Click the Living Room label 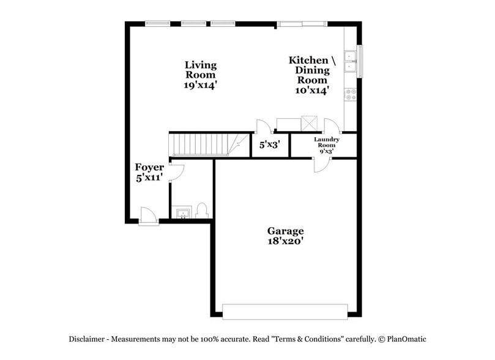(201, 75)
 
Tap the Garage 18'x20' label (285, 236)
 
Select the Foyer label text (149, 171)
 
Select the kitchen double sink (351, 62)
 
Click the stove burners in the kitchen (351, 94)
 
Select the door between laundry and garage (321, 163)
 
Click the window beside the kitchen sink (360, 61)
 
